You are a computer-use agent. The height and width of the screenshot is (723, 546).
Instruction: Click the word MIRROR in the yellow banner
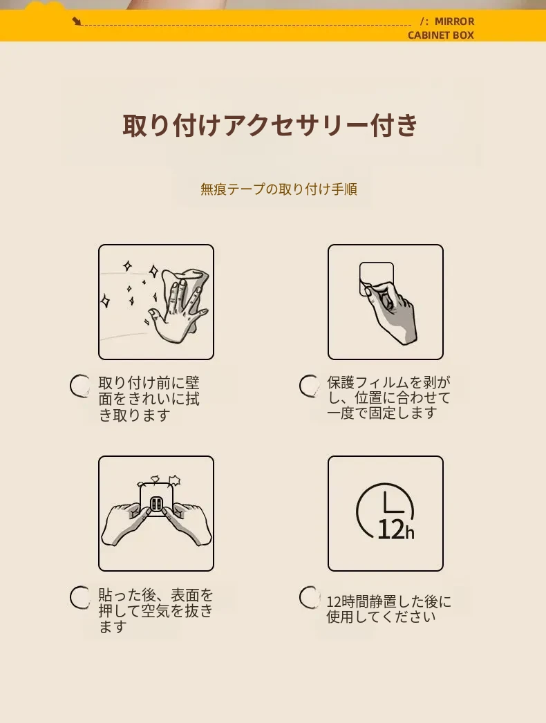click(454, 21)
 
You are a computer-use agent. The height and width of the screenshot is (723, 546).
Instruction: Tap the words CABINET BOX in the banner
click(441, 35)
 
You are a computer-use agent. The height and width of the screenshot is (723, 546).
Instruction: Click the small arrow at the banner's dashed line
click(77, 21)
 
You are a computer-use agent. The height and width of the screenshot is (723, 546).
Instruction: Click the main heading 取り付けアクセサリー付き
click(270, 125)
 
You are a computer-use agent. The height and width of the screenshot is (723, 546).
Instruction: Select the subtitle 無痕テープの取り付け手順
click(279, 189)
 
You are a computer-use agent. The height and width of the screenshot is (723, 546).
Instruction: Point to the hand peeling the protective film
click(390, 312)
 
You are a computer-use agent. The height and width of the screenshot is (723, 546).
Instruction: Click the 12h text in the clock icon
click(395, 529)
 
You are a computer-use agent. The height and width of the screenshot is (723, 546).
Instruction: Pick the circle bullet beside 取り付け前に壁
click(79, 386)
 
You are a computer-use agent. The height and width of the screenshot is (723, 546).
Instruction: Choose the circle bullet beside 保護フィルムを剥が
click(309, 386)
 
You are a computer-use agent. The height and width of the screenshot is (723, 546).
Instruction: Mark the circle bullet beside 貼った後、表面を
click(79, 597)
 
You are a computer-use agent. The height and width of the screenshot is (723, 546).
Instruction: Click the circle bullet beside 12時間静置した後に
click(309, 597)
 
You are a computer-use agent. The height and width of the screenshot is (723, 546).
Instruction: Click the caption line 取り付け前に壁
click(149, 383)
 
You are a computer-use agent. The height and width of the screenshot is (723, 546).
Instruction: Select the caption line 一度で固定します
click(382, 413)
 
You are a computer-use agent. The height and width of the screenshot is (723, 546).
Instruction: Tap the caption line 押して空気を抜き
click(156, 610)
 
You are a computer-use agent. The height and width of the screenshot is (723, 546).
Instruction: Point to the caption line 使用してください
click(381, 617)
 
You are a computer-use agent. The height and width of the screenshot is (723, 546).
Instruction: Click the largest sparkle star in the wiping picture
click(153, 271)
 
